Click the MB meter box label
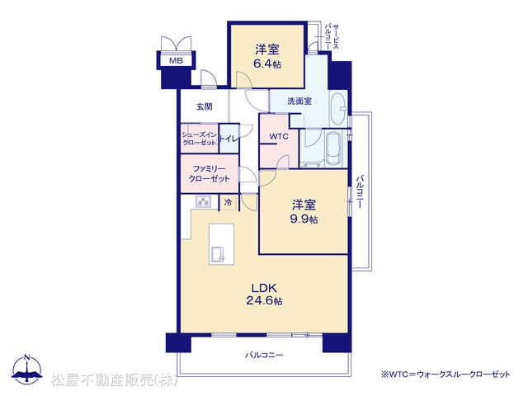(x=176, y=60)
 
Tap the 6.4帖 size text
(x=267, y=64)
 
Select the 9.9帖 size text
(x=304, y=219)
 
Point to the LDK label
(x=264, y=288)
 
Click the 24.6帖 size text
(x=264, y=300)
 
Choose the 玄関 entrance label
(x=205, y=106)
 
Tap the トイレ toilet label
(x=229, y=139)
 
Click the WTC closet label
(x=279, y=136)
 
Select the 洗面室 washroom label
(x=299, y=101)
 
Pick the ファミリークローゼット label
(x=209, y=173)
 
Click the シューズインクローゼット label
(x=200, y=139)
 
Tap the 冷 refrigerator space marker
(x=228, y=203)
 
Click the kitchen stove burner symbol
(x=204, y=201)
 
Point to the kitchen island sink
(x=218, y=255)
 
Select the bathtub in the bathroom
(x=333, y=149)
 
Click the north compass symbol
(x=27, y=369)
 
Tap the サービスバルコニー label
(x=332, y=36)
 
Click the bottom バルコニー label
(x=264, y=355)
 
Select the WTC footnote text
(x=445, y=374)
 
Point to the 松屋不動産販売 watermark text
(x=115, y=379)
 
